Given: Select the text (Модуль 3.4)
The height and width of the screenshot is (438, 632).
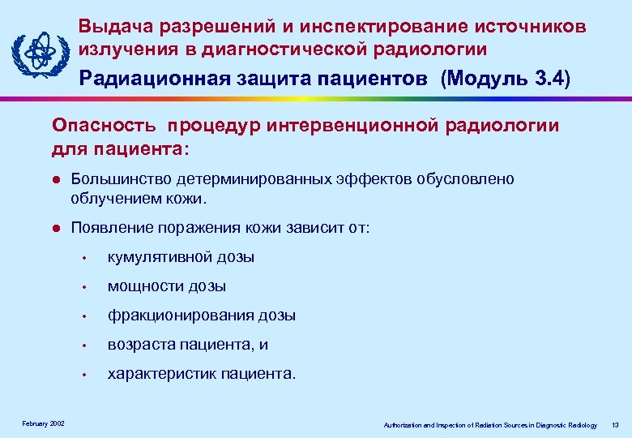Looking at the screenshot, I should [506, 79].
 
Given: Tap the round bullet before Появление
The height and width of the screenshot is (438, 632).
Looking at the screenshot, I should [55, 229].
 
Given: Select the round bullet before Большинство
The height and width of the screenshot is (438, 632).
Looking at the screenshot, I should [55, 179].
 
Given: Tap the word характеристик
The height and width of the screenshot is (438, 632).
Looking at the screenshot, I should [151, 374].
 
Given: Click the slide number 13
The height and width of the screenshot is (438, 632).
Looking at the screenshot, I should [615, 425].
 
